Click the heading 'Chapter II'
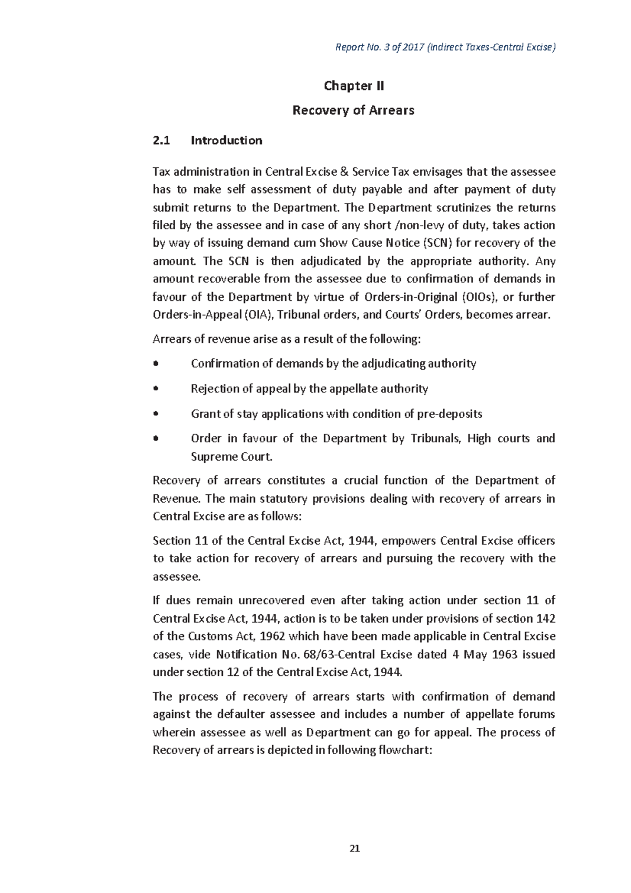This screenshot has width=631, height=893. (353, 86)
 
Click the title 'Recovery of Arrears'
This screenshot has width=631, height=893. (353, 110)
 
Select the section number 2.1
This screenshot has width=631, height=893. (161, 140)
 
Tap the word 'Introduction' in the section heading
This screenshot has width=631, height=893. (226, 140)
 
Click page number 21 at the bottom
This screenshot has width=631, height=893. (354, 848)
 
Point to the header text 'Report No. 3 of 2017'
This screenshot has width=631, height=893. (380, 47)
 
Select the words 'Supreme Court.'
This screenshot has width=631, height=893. (231, 456)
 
